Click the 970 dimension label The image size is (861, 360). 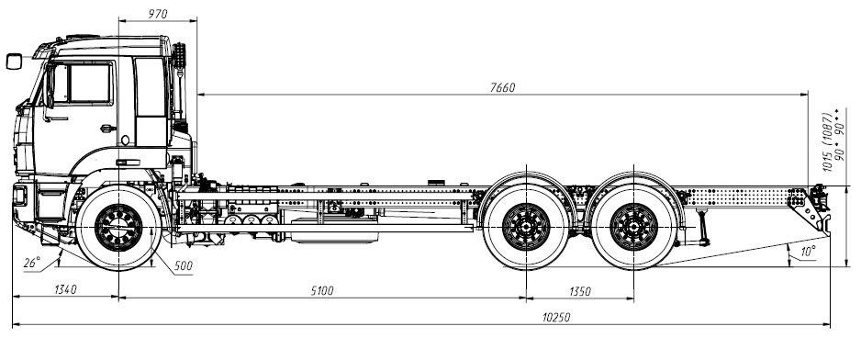[x=158, y=15]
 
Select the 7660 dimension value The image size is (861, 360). [x=502, y=88]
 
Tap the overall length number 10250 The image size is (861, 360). [x=556, y=318]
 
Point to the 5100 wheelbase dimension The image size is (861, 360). [x=322, y=291]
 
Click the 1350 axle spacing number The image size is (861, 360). [x=579, y=291]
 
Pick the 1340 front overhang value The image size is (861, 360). [x=65, y=289]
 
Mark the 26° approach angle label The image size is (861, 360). [x=32, y=264]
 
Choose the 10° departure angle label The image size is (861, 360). [x=808, y=252]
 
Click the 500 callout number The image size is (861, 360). [x=184, y=266]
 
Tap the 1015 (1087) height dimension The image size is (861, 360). [x=827, y=142]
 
